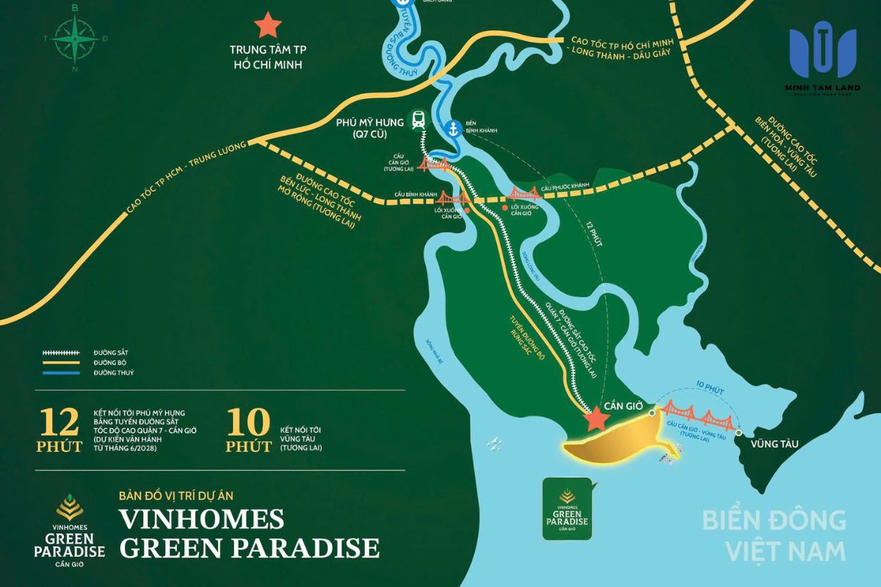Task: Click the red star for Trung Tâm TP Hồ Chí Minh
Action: (267, 26)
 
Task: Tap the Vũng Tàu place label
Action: (774, 443)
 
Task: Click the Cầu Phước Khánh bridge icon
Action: (523, 193)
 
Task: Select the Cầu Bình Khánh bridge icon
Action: (447, 198)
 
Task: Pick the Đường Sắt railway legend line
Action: (60, 353)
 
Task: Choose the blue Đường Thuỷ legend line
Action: (60, 373)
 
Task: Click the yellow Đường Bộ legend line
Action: (60, 363)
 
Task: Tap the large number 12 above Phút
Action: (61, 424)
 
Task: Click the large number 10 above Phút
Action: (248, 424)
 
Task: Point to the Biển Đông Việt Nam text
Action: (774, 535)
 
